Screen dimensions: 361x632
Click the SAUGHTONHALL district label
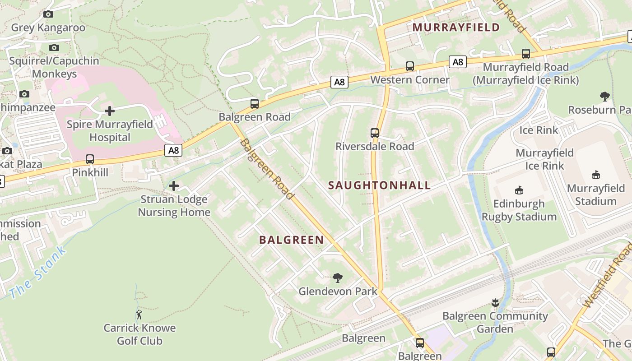379,185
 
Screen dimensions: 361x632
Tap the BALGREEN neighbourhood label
292,240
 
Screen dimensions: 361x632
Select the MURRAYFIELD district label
456,28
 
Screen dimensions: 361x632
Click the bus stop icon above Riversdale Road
375,133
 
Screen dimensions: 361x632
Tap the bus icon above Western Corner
410,66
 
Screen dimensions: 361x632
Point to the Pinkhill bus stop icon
90,159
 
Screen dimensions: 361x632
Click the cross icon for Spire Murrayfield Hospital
110,111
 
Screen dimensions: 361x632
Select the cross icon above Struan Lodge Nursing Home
174,186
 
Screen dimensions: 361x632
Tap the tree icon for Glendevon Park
338,278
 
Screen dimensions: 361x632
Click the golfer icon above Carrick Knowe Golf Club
139,315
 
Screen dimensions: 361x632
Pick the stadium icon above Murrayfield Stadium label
596,175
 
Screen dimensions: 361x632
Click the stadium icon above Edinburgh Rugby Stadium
519,190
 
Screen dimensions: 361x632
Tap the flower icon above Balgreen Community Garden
495,303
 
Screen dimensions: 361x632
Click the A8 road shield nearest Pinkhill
174,150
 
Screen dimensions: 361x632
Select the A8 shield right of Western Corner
458,62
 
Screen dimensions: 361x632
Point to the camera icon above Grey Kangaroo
48,14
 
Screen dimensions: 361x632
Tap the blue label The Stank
37,272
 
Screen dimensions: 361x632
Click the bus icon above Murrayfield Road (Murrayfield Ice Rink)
526,54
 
